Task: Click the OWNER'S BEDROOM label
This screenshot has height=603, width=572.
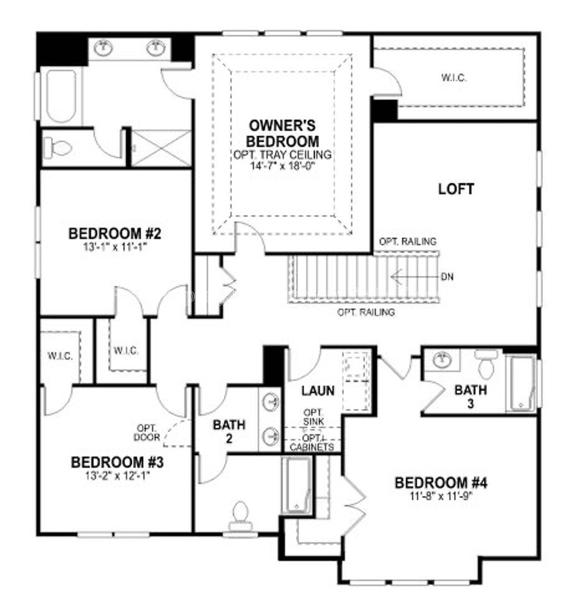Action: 284,132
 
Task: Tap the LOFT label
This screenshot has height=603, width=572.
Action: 456,189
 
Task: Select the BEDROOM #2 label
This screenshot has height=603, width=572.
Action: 115,233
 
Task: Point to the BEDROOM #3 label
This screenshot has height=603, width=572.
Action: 117,462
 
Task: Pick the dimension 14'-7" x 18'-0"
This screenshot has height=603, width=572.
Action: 284,166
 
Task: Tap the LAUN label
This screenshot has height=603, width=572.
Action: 318,390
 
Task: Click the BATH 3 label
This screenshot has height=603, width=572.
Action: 470,395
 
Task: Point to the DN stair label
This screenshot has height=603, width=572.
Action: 446,276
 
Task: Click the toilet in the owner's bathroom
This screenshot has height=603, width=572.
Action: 59,148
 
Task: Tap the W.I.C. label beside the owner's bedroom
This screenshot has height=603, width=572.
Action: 454,78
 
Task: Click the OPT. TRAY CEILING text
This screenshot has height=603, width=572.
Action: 284,155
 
